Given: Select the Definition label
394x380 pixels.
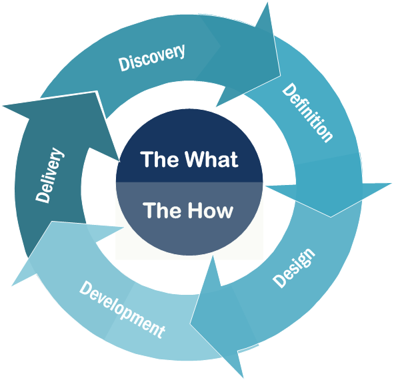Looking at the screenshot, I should (307, 112).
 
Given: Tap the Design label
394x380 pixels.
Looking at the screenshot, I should (293, 269).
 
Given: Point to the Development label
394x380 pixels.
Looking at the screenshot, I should (122, 309).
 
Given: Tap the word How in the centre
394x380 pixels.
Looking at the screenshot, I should (209, 211).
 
